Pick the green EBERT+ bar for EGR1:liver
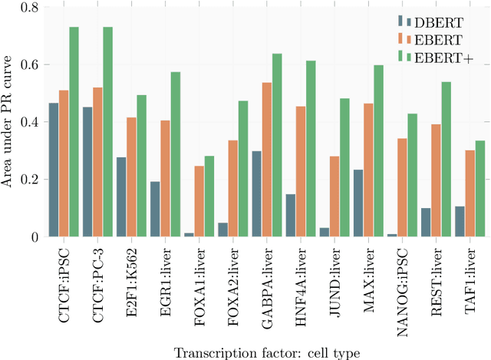pos(176,154)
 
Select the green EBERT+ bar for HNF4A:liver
pos(311,149)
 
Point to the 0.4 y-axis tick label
pos(28,123)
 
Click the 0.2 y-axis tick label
pos(28,180)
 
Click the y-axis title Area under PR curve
pos(9,123)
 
